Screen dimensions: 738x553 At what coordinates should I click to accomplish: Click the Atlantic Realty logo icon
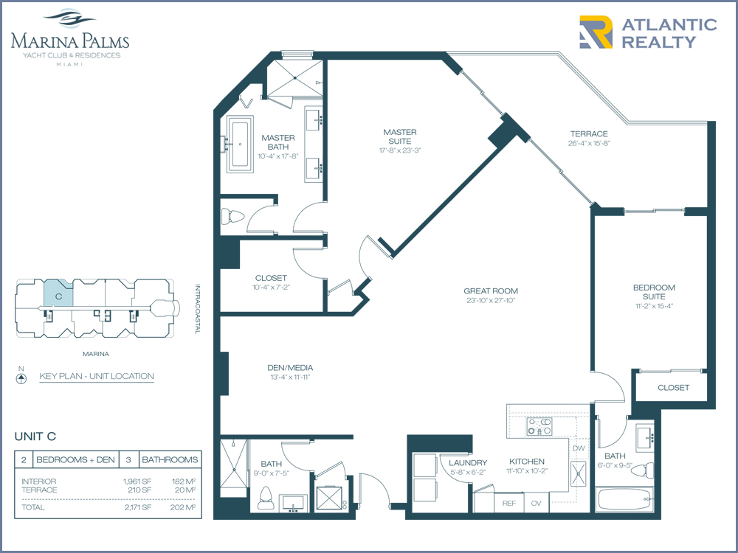coord(596,32)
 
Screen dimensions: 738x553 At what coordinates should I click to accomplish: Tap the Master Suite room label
coord(399,137)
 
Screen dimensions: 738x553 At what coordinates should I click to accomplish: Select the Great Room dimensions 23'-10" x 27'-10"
coord(491,301)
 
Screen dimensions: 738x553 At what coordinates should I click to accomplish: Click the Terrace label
coord(589,134)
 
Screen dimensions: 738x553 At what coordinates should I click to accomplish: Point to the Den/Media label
coord(290,368)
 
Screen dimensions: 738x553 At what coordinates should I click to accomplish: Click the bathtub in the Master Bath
coord(240,144)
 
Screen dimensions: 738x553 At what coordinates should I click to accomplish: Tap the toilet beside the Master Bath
coord(233,216)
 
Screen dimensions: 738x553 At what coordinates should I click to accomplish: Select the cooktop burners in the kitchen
coord(539,426)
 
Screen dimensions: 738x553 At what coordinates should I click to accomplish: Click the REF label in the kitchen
coord(508,503)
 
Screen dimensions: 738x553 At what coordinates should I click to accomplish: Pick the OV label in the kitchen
coord(536,503)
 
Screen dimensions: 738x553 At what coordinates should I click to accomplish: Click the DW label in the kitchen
coord(579,448)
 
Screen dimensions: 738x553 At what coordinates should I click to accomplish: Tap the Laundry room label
coord(468,463)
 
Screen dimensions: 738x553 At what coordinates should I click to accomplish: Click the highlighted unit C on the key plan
coord(59,293)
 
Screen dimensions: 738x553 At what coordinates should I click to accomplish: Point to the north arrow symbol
coord(21,378)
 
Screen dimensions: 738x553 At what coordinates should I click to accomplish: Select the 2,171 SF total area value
coord(138,507)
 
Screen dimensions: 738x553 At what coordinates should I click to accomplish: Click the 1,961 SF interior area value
coord(137,481)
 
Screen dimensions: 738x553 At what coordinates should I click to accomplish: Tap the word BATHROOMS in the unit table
coord(170,459)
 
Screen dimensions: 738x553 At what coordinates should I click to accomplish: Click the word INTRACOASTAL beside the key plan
coord(198,309)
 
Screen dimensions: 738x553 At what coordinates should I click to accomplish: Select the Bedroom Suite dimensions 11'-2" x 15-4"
coord(654,306)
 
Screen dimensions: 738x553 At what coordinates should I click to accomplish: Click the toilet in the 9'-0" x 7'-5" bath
coord(266,498)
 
